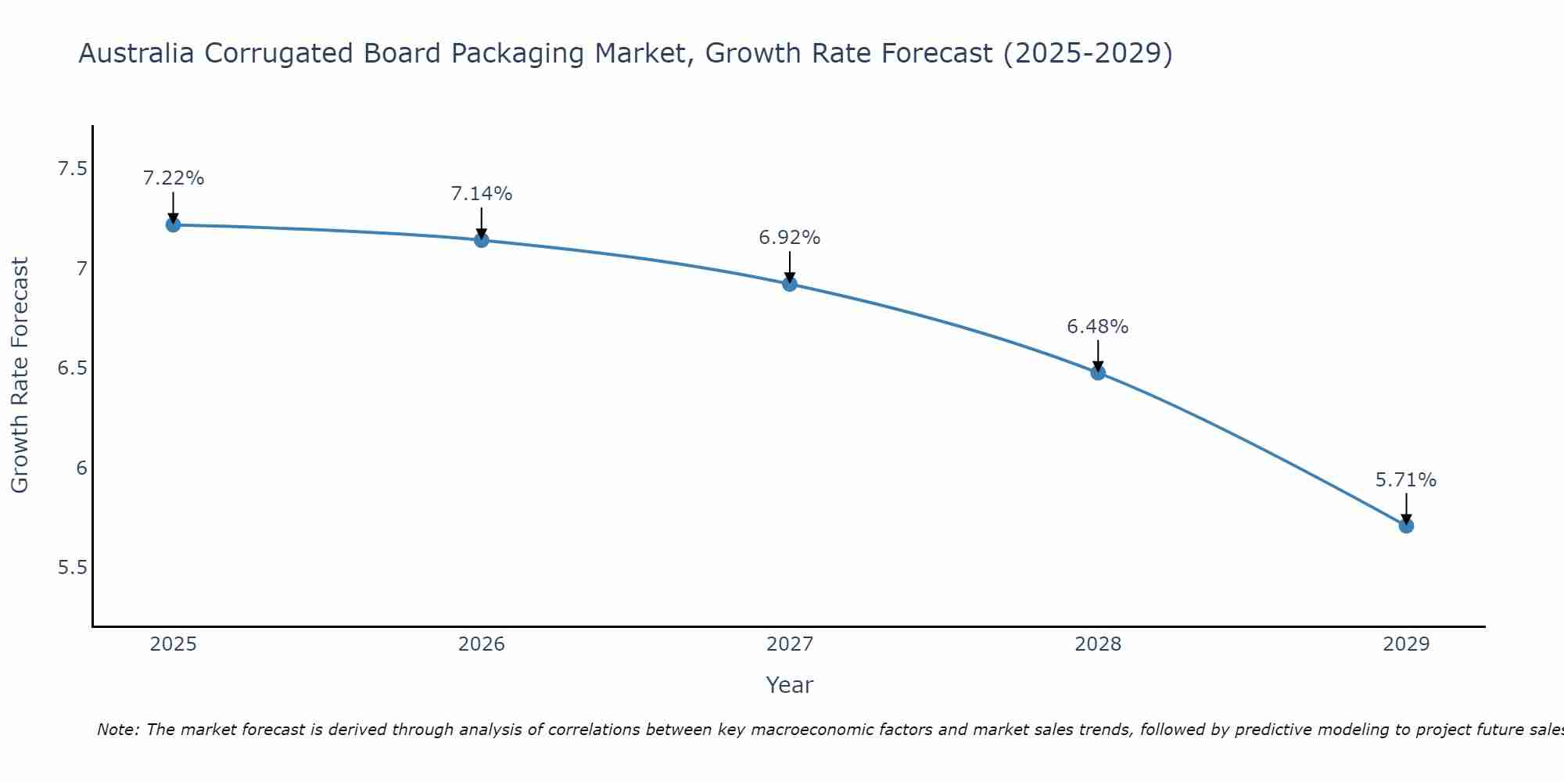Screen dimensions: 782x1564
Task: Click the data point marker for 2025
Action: coord(174,225)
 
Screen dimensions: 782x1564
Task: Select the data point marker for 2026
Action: coord(482,240)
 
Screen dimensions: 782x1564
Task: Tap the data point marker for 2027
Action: coord(790,284)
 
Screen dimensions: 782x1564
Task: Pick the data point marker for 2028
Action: coord(1098,372)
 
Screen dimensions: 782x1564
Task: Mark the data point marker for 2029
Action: coord(1406,526)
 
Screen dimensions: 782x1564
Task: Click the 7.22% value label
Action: coord(174,178)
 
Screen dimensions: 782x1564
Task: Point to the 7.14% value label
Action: coord(482,194)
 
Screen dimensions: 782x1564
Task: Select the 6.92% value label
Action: coord(790,238)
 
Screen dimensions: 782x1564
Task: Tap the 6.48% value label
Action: coord(1098,327)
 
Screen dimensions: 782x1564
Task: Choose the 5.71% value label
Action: coord(1406,480)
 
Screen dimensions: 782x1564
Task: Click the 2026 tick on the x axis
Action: coord(482,644)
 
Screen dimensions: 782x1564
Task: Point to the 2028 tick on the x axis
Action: coord(1098,644)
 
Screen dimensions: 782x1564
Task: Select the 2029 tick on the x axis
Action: coord(1406,644)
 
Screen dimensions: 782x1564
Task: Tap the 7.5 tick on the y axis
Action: coord(72,169)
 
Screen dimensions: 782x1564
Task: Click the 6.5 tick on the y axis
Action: coord(72,368)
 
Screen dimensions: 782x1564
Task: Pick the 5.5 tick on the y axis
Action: coord(72,568)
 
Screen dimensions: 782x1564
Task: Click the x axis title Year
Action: coord(790,685)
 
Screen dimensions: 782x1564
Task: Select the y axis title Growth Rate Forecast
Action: coord(20,375)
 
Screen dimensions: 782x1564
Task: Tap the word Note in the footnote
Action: coord(117,730)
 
